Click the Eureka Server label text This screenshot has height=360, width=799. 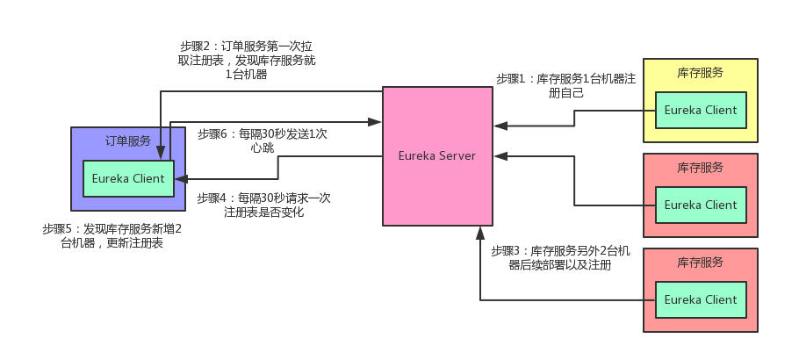point(435,156)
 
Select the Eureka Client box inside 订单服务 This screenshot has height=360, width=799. point(128,178)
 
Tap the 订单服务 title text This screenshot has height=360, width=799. point(128,140)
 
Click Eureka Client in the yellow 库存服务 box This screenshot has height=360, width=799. point(700,110)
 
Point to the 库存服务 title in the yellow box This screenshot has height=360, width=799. point(701,73)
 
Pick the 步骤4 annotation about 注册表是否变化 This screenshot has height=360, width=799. point(264,205)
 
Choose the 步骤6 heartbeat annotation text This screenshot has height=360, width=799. point(263,140)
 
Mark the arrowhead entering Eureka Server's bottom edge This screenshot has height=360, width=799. point(480,232)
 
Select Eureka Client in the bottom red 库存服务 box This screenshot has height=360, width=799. point(700,299)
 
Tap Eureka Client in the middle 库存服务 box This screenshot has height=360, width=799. point(700,205)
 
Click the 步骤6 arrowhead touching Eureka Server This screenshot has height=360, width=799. point(376,121)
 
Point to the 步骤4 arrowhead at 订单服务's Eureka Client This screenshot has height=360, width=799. point(181,178)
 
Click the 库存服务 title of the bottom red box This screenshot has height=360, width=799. point(701,263)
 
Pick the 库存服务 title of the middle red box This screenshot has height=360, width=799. point(701,168)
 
